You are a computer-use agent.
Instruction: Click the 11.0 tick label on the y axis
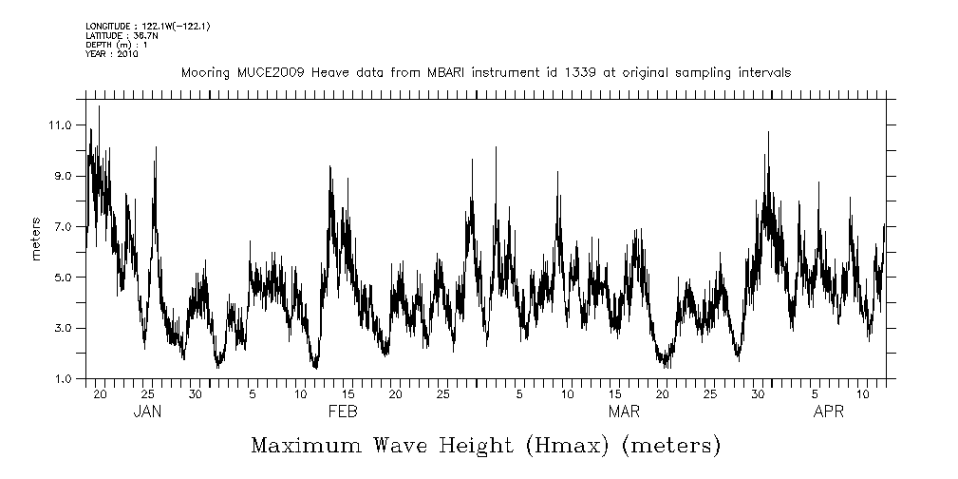click(x=62, y=125)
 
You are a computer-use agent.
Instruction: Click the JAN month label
click(x=148, y=412)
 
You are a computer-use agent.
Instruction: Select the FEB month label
click(x=342, y=412)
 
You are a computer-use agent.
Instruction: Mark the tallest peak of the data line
click(x=99, y=106)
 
